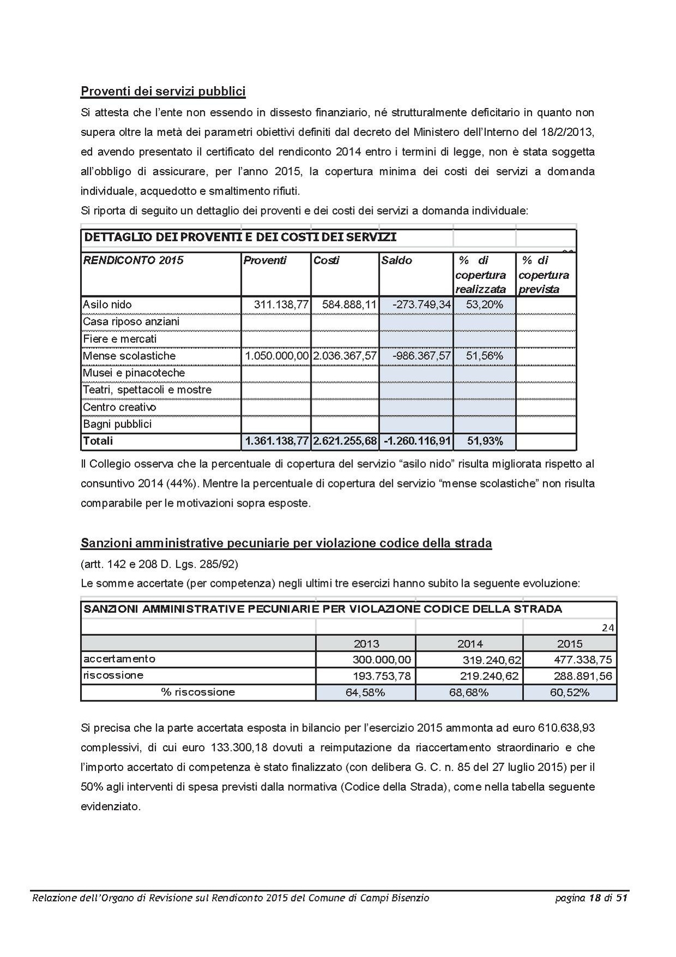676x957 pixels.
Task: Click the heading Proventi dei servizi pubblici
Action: (x=163, y=91)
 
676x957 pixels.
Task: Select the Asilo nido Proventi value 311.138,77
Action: (x=282, y=305)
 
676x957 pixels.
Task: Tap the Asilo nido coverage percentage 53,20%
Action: (x=484, y=305)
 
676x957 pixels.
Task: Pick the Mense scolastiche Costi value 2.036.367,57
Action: (x=345, y=356)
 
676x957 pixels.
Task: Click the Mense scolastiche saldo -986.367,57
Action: (x=422, y=356)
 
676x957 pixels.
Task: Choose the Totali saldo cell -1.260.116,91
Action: (x=417, y=441)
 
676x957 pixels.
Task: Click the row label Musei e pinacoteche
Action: (x=134, y=373)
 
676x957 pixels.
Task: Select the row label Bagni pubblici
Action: (x=117, y=424)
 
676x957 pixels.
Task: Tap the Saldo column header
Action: (x=397, y=260)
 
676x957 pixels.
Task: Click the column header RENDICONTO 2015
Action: (x=133, y=260)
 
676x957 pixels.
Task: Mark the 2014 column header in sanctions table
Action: (x=470, y=644)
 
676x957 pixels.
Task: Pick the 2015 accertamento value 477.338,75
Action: (x=583, y=660)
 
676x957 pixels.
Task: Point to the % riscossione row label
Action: (x=198, y=692)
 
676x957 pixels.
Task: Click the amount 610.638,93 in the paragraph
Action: (x=566, y=728)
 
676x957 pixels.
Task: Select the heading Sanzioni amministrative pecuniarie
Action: (x=286, y=543)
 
